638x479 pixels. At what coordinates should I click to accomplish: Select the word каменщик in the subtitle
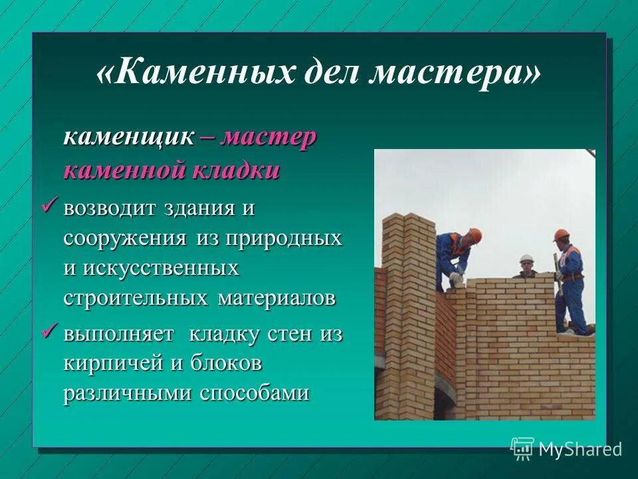click(129, 138)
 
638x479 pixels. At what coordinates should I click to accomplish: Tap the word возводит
click(110, 208)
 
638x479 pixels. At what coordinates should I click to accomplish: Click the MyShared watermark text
click(580, 449)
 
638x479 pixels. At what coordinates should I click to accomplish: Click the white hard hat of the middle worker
click(526, 258)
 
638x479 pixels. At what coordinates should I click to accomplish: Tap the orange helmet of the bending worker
click(475, 234)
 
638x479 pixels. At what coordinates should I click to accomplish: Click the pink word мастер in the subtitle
click(268, 138)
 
